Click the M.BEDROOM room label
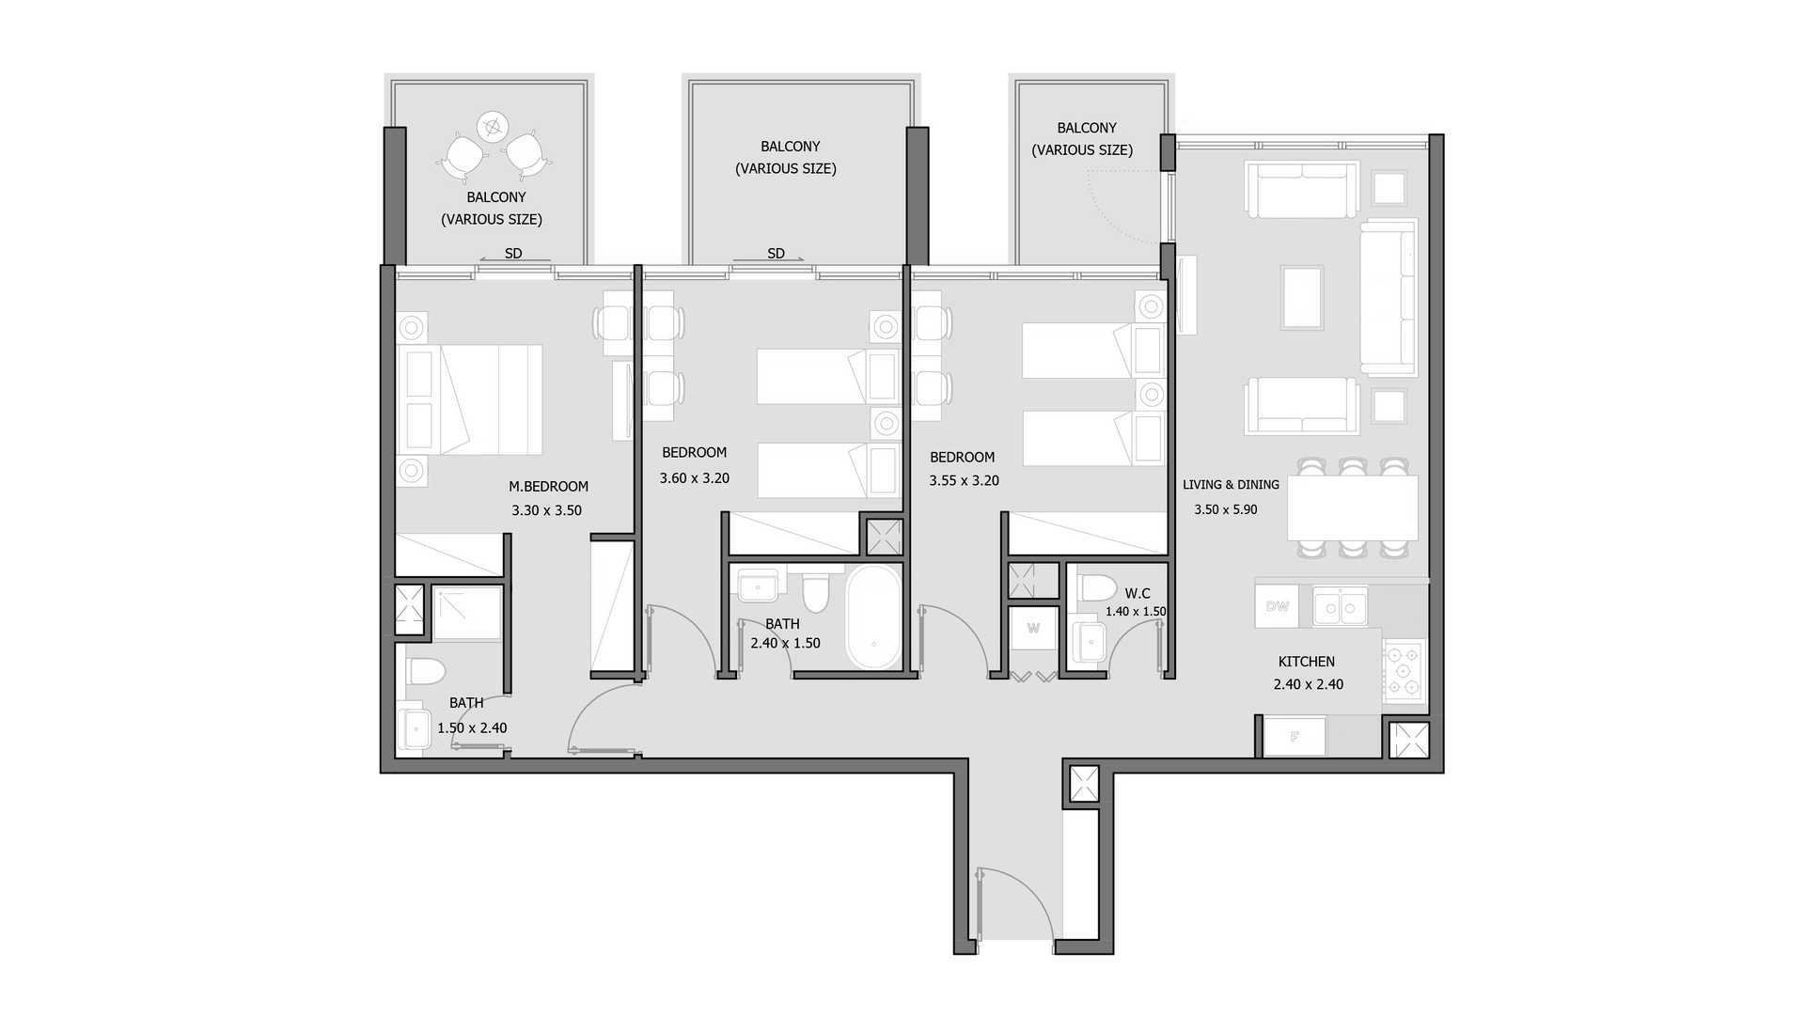(548, 487)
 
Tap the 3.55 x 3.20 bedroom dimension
(964, 480)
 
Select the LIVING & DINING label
(1231, 485)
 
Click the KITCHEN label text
(1307, 662)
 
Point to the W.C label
(1138, 593)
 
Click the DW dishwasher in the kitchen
(1277, 606)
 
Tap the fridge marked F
(1295, 737)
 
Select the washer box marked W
(1033, 629)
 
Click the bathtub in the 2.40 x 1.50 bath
(874, 617)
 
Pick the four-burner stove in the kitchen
(1405, 671)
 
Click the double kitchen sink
(1341, 606)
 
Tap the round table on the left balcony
(492, 125)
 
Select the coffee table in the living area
(1302, 297)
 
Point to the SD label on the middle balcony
(776, 254)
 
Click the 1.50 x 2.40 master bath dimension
(472, 727)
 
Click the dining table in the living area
(1353, 507)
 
